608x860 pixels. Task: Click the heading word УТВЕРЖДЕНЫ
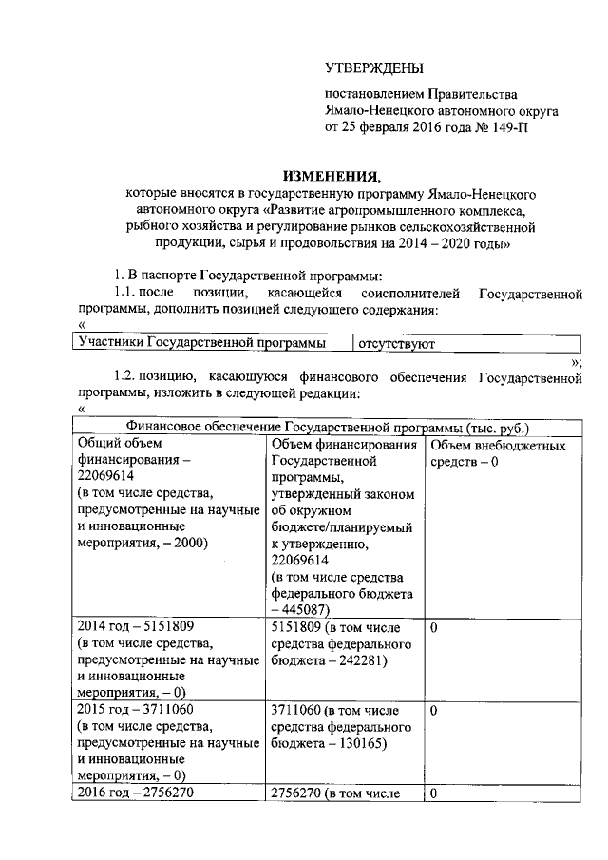coord(374,67)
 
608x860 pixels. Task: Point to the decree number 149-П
coord(503,126)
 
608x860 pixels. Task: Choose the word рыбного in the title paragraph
coord(147,227)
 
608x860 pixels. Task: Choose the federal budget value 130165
coord(355,744)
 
